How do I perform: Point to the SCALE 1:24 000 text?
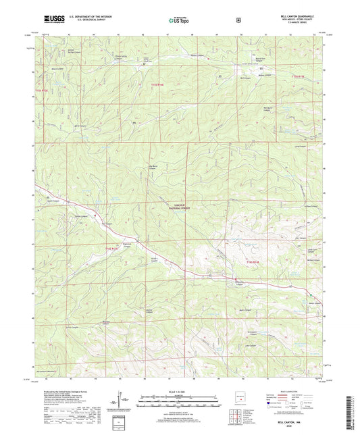[179, 392]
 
